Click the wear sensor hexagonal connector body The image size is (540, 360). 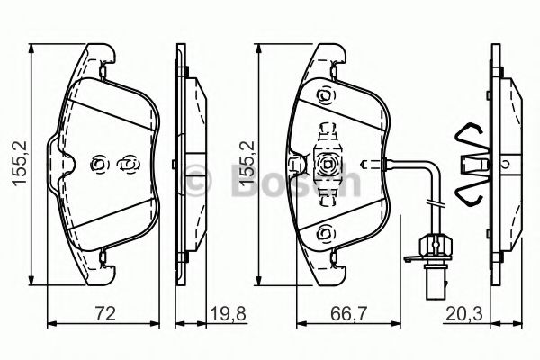point(433,244)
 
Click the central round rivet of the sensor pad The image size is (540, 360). point(327,165)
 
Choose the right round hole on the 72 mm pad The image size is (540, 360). point(127,164)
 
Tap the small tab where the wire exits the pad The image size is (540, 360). point(364,165)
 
